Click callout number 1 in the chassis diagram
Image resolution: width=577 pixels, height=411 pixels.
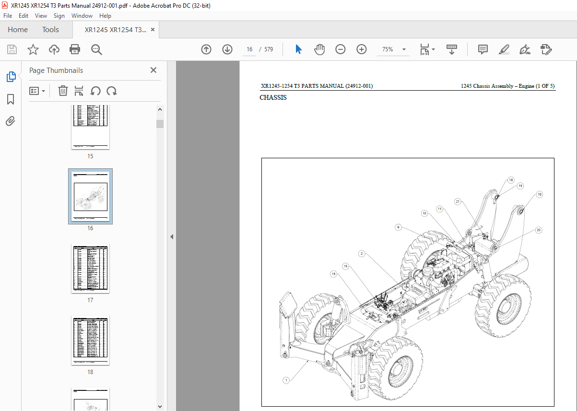(286, 381)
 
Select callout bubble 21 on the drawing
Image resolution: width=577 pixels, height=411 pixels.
(458, 202)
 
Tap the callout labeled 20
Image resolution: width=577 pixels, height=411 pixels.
(539, 230)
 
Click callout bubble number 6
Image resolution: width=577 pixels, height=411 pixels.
(398, 227)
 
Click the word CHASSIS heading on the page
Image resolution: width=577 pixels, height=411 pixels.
(273, 98)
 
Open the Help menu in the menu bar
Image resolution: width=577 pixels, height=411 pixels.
(105, 16)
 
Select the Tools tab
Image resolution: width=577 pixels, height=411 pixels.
(50, 30)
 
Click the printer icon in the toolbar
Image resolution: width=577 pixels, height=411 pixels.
(75, 49)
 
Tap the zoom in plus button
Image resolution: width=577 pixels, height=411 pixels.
(362, 49)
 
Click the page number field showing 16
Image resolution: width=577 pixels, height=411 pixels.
(249, 49)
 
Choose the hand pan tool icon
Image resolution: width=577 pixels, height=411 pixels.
(319, 49)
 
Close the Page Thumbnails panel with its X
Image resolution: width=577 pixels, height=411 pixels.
(153, 70)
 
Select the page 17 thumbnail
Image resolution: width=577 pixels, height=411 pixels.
(90, 269)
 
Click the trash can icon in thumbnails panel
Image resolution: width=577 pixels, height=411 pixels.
(63, 91)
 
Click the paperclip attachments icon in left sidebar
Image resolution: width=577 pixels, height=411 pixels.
(11, 121)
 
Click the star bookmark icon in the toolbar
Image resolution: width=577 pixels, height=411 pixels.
(33, 49)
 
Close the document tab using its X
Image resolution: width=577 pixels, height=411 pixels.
(153, 30)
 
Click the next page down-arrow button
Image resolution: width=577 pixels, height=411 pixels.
(227, 49)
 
